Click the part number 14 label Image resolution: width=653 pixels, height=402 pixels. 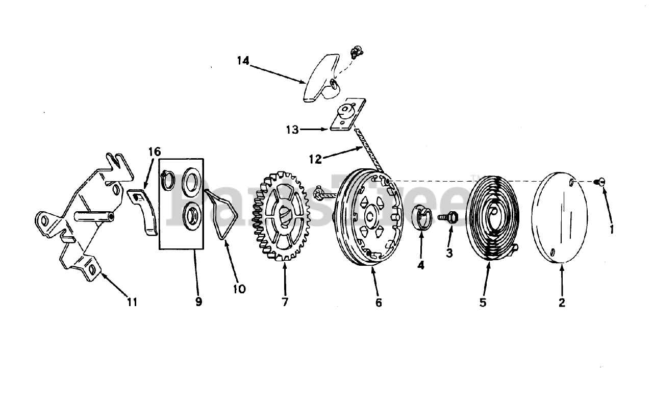point(243,61)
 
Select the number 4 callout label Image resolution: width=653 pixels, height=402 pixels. point(420,265)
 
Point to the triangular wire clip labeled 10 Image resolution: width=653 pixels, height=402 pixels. point(220,213)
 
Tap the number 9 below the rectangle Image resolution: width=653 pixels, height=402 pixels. point(198,301)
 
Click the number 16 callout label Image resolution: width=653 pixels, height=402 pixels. point(154,152)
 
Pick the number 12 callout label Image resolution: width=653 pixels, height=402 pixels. point(315,159)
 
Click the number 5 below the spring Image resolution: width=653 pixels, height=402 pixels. point(483,302)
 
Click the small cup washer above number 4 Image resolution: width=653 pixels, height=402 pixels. point(422,218)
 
